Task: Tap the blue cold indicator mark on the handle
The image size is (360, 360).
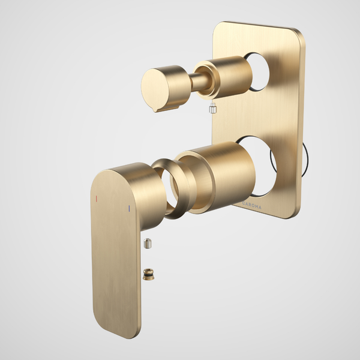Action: pyautogui.click(x=128, y=208)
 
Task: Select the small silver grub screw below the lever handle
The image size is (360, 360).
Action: pyautogui.click(x=148, y=244)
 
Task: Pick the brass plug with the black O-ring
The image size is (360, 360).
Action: pyautogui.click(x=148, y=274)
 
